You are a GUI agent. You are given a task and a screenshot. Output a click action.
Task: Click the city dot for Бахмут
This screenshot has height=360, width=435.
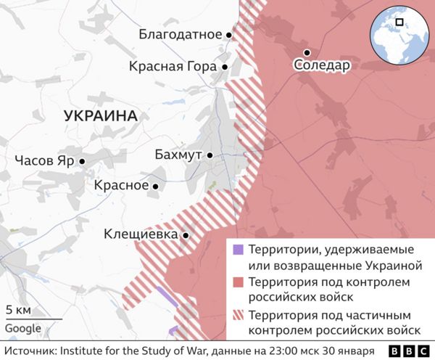click(210, 155)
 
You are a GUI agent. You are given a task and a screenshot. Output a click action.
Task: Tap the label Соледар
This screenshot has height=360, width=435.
click(322, 66)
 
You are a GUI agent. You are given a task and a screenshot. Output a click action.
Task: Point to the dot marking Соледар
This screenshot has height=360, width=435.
click(307, 52)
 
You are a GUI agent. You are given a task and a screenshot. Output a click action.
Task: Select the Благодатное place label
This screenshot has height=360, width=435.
click(180, 34)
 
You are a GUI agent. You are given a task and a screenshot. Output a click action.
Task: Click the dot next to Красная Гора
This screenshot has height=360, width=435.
click(225, 67)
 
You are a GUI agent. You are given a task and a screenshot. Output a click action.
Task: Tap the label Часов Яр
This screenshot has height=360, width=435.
click(44, 161)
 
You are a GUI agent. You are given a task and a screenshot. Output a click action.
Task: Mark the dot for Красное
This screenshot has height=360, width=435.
click(155, 186)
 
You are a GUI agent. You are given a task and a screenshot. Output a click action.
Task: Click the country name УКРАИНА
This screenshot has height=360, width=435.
click(100, 115)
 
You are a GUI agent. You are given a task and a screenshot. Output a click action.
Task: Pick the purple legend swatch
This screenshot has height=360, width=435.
click(237, 250)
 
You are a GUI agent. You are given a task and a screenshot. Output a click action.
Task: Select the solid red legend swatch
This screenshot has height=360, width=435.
click(237, 282)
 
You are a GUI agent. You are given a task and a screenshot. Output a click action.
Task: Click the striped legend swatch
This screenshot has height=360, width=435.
click(237, 316)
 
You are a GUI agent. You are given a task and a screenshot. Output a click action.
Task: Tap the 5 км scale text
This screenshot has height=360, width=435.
click(18, 311)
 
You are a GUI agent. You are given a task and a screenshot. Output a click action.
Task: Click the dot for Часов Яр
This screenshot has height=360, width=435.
click(83, 162)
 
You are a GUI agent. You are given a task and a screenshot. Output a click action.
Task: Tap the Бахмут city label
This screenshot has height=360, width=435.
click(178, 155)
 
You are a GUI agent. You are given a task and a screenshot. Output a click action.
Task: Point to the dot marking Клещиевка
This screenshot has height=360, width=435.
click(186, 235)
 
